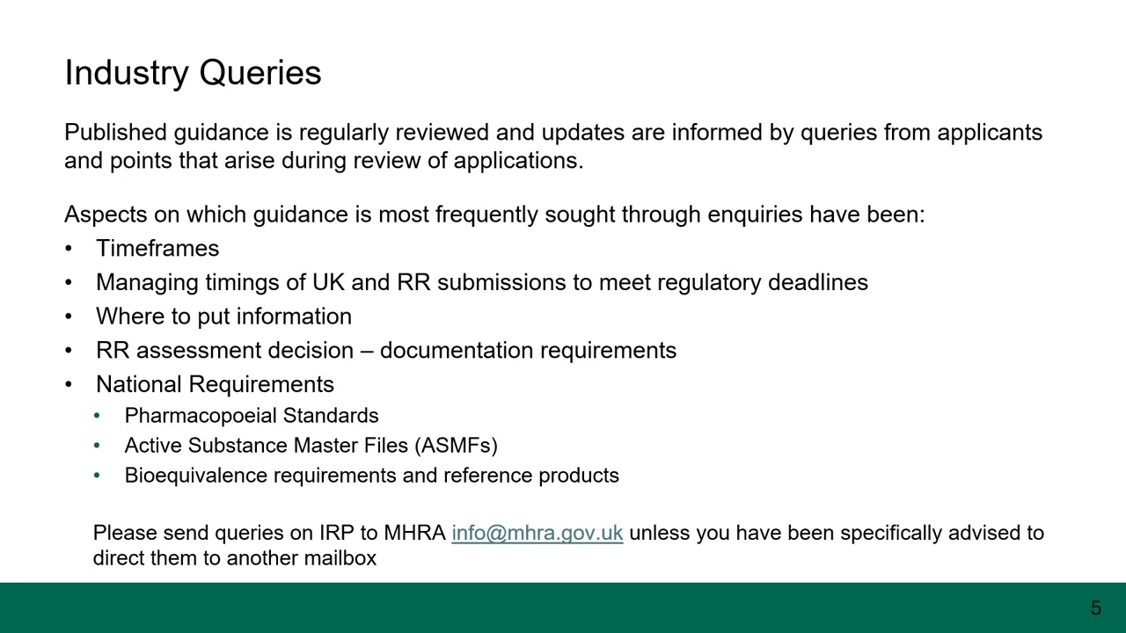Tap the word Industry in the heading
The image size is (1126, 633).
point(128,73)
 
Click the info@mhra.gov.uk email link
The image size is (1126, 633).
point(537,533)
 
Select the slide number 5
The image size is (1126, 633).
point(1095,608)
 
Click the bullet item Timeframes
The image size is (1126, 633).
point(157,249)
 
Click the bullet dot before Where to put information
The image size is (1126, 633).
point(69,316)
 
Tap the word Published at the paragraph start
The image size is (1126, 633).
point(115,133)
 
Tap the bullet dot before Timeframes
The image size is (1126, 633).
point(69,249)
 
